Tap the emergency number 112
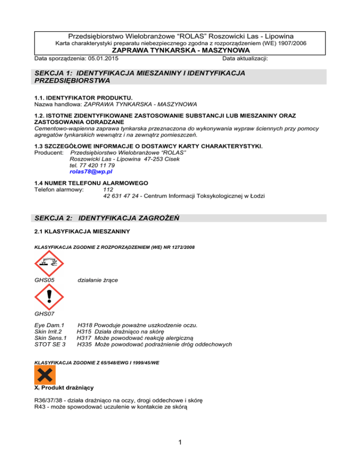107,189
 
